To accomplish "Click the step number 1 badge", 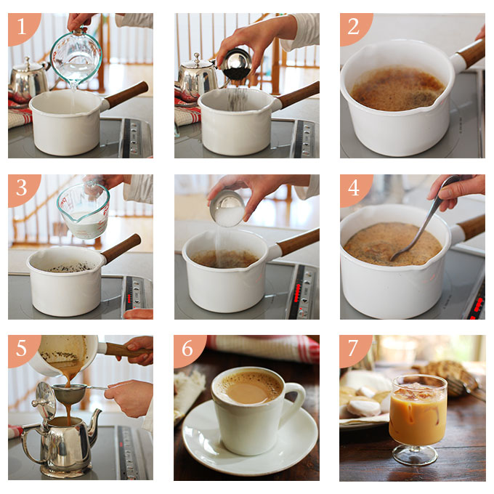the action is pyautogui.click(x=22, y=27).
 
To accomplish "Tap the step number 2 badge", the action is pyautogui.click(x=354, y=27).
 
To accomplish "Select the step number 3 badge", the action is pyautogui.click(x=22, y=188).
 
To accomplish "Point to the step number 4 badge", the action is pyautogui.click(x=354, y=188).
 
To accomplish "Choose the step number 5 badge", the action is pyautogui.click(x=22, y=349).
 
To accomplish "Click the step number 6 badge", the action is pyautogui.click(x=187, y=349).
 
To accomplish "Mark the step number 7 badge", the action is pyautogui.click(x=354, y=349).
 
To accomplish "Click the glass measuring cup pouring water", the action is pyautogui.click(x=76, y=57).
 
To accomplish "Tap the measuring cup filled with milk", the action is pyautogui.click(x=84, y=211).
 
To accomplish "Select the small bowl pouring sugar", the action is pyautogui.click(x=227, y=208).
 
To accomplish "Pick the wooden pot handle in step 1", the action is pyautogui.click(x=126, y=94).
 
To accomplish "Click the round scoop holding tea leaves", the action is pyautogui.click(x=235, y=64).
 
